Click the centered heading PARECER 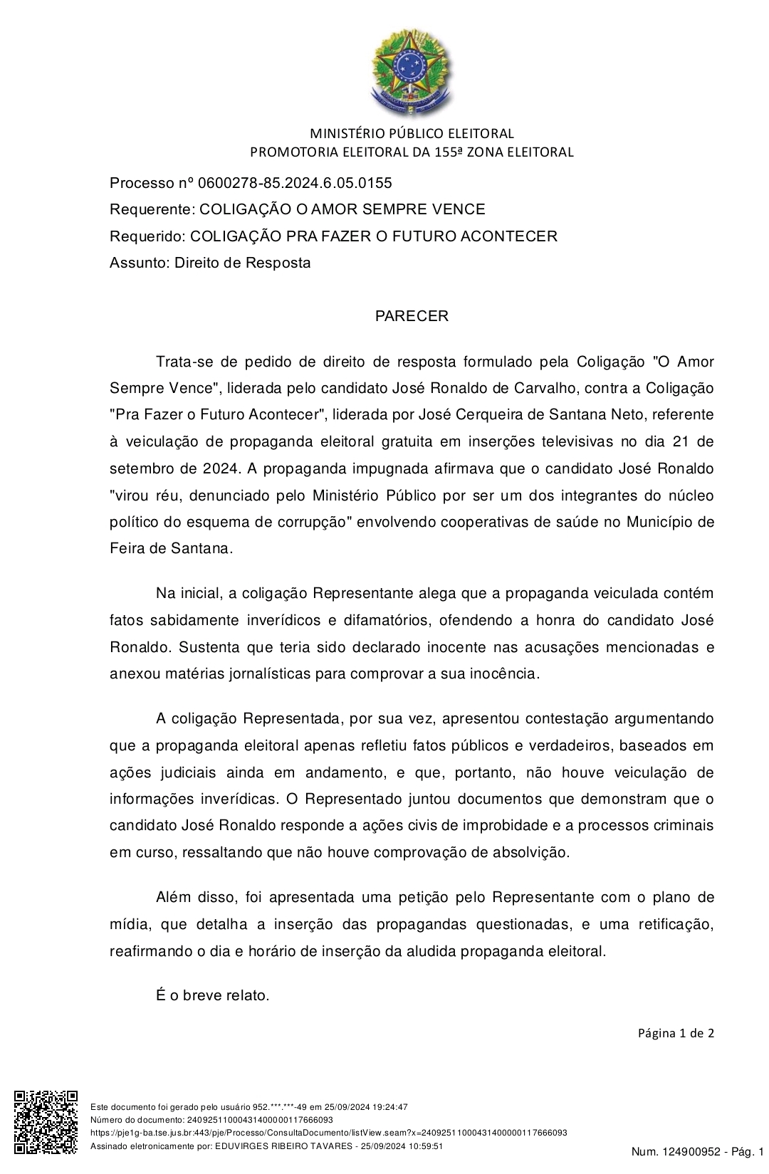(x=412, y=316)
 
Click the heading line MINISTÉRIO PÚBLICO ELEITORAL (x=412, y=133)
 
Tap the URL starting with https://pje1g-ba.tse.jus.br (x=328, y=1133)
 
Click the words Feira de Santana (x=170, y=549)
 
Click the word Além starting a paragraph (x=173, y=897)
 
